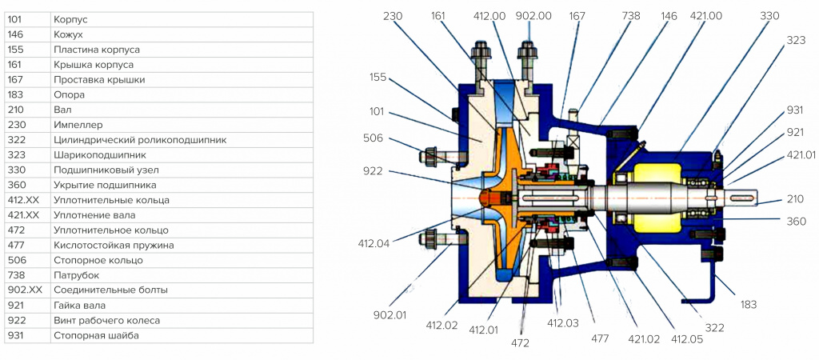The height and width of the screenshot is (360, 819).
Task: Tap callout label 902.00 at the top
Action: tap(533, 16)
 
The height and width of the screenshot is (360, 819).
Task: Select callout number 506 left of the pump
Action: tap(374, 138)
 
